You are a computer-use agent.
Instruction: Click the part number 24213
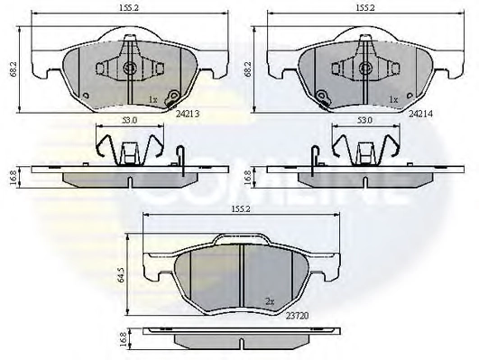[x=188, y=114]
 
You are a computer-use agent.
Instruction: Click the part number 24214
[x=421, y=114]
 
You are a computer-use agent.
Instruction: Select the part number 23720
[x=298, y=316]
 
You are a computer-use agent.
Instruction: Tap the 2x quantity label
[x=270, y=302]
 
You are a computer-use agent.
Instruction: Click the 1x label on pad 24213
[x=152, y=99]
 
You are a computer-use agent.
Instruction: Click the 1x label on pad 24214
[x=394, y=99]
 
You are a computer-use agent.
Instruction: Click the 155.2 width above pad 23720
[x=241, y=209]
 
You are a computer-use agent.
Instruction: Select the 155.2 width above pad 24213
[x=129, y=8]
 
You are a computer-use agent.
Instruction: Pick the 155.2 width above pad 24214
[x=364, y=8]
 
